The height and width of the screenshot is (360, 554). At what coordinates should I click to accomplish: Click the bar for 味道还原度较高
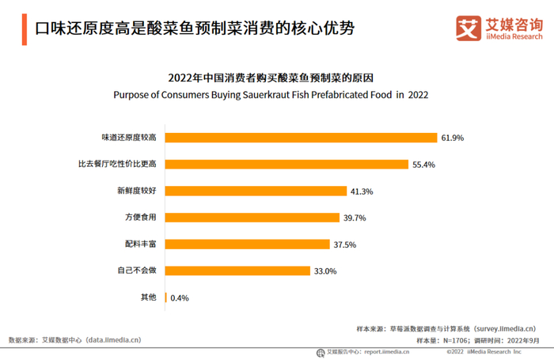301,138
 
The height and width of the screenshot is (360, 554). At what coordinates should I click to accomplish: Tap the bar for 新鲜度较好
256,191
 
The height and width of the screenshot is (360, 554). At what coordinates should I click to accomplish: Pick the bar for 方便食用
252,218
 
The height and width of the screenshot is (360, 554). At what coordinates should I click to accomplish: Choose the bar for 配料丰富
247,244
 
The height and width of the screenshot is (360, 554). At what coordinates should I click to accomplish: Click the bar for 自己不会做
237,271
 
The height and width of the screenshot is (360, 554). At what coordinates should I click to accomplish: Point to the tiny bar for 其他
165,298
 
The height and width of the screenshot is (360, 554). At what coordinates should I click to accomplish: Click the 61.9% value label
453,138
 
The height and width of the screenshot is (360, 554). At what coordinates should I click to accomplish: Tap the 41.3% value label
362,191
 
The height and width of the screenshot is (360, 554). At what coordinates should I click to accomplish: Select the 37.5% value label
345,244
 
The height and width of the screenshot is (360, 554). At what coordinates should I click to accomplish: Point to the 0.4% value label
180,298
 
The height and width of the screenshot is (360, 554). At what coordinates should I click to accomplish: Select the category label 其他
148,298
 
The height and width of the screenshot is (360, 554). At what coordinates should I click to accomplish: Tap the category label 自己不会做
136,271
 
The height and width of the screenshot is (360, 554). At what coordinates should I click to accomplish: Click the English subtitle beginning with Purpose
271,94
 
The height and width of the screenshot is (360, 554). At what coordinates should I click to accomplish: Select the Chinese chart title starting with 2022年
271,78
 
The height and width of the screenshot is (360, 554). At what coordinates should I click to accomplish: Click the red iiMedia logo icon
469,28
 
